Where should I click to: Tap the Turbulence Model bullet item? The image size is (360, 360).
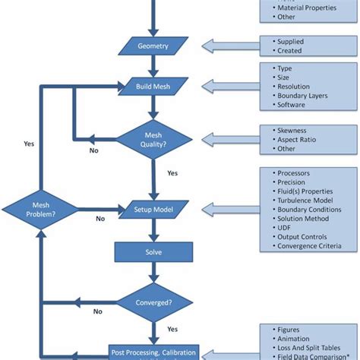click(x=304, y=199)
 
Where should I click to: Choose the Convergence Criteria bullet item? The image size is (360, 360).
click(x=308, y=246)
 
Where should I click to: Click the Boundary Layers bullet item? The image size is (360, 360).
click(x=305, y=96)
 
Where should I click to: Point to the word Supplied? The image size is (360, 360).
click(x=293, y=41)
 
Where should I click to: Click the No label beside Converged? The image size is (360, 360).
click(x=97, y=311)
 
